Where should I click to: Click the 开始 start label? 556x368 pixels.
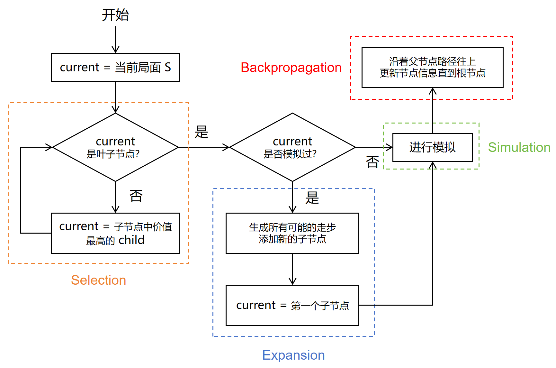coord(115,15)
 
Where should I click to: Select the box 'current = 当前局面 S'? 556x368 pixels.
coord(115,68)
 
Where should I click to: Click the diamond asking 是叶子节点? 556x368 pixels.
coord(115,147)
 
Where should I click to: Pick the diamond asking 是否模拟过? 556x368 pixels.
coord(292,147)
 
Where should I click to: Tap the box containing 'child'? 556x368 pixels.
coord(115,233)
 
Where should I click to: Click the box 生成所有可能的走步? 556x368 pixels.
coord(292,233)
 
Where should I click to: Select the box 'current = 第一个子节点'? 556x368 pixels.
coord(292,305)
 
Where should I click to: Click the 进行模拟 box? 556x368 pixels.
coord(432,147)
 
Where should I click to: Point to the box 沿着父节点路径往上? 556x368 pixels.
coord(432,67)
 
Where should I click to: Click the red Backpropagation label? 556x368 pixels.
coord(291,68)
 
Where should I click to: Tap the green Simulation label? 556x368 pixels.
coord(519,147)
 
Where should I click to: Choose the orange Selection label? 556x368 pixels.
coord(98,280)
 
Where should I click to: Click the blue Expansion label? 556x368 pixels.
coord(293,355)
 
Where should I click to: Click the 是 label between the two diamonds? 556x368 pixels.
coord(202,132)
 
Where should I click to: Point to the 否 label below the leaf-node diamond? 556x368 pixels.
coord(136,196)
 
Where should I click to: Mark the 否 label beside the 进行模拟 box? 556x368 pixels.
coord(372,162)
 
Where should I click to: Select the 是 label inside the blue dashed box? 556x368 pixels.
coord(312,198)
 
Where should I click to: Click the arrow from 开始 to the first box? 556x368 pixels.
coord(115,39)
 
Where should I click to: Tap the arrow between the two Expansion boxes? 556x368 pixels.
coord(292,269)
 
